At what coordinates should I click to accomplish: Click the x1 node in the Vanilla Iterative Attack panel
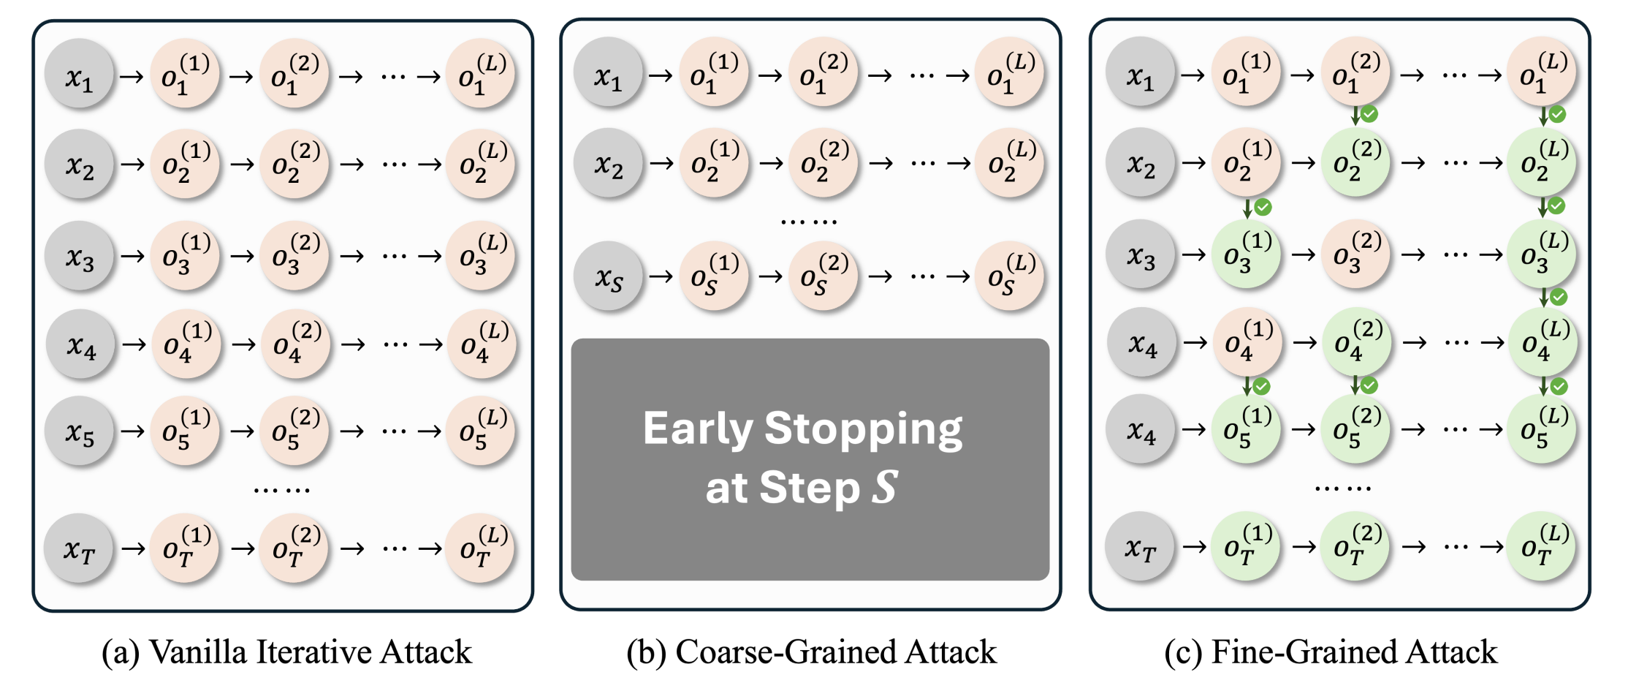tap(79, 75)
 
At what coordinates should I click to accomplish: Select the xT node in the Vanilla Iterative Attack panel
tap(79, 548)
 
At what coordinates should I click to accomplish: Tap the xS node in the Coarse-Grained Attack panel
tap(608, 276)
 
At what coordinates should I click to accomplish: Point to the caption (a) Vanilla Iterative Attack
tap(286, 652)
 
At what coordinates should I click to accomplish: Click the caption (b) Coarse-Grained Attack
tap(811, 652)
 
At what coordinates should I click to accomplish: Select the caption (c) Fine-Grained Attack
tap(1331, 652)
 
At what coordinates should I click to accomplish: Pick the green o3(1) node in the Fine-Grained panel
tap(1247, 254)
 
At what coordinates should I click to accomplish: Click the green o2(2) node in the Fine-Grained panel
tap(1356, 162)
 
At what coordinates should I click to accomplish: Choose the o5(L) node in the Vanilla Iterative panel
tap(481, 431)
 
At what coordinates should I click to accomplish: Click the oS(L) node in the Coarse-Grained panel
tap(1010, 276)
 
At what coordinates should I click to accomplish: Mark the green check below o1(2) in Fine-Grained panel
tap(1369, 114)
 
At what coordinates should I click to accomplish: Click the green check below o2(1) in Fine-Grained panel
tap(1263, 207)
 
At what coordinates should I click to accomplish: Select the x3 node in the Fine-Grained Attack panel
tap(1141, 254)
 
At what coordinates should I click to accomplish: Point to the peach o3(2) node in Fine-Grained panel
tap(1356, 254)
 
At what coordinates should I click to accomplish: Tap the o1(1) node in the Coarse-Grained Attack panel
tap(714, 75)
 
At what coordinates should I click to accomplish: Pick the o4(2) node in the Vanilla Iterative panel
tap(296, 344)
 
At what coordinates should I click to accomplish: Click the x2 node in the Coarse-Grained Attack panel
tap(608, 163)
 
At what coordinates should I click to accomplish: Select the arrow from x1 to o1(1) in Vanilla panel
tap(132, 75)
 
